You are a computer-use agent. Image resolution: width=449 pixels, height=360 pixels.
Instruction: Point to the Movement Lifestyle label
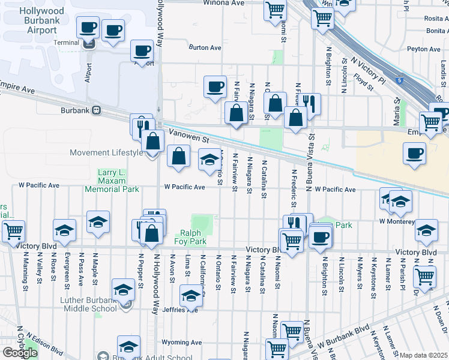[107, 152]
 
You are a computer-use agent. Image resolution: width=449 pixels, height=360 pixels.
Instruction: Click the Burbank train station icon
[96, 110]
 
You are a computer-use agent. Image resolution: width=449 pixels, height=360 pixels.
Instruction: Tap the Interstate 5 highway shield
[399, 79]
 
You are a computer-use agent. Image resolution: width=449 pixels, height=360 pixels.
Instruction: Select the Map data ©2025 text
[424, 355]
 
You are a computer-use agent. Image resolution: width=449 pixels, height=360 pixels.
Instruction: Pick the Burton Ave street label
[205, 47]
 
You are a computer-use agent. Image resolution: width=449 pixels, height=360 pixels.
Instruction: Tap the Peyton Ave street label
[424, 49]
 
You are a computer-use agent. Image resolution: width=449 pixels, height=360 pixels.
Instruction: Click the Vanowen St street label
[188, 138]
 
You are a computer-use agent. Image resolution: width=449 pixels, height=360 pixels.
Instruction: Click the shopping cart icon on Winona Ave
[275, 10]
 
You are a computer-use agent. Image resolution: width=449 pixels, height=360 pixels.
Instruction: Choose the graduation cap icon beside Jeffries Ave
[191, 296]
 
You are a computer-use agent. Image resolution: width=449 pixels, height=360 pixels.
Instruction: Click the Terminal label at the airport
[66, 43]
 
